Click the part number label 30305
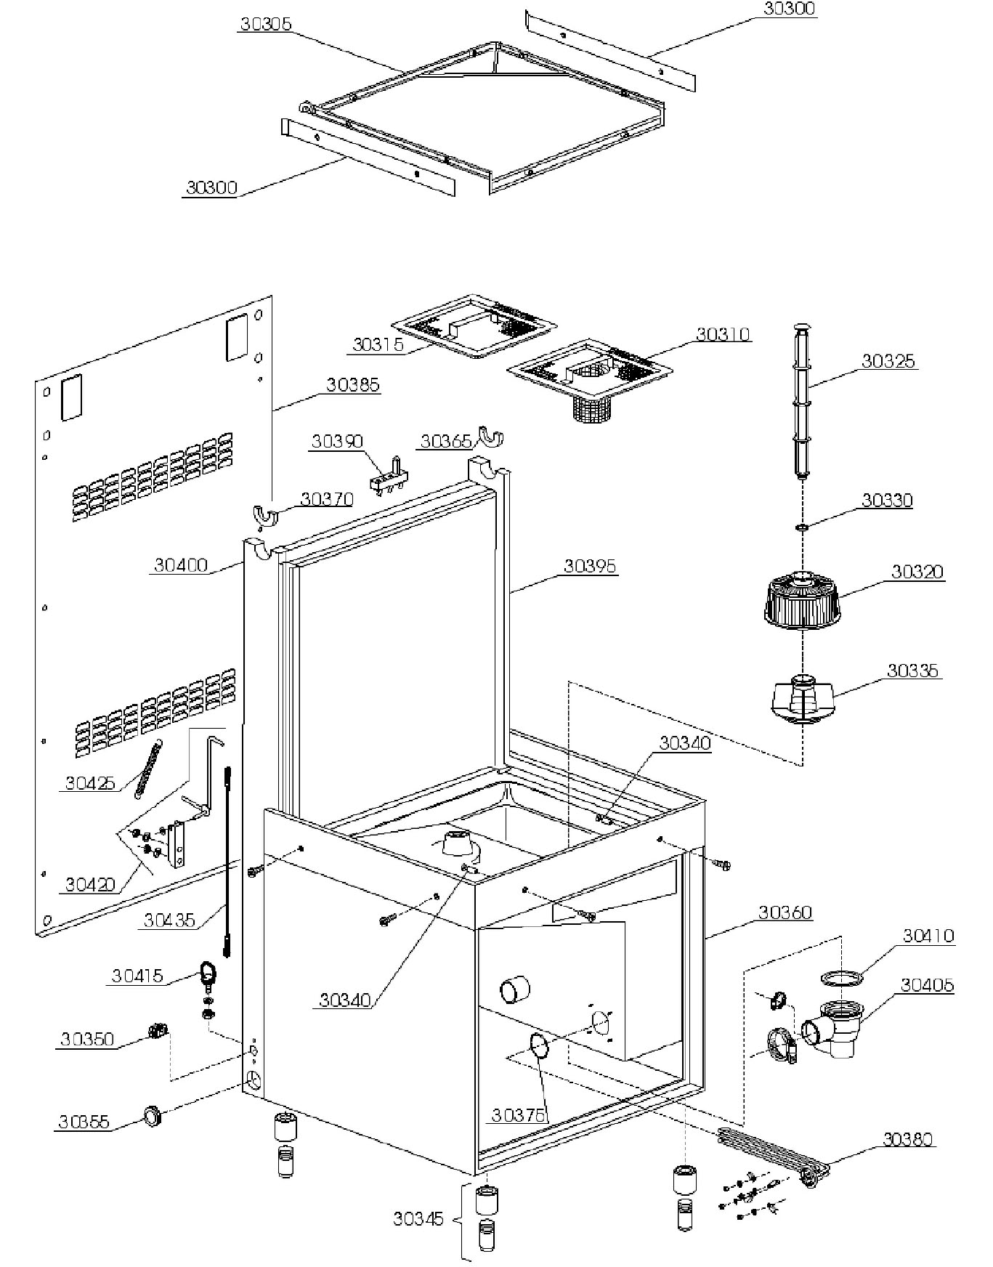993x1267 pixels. (x=265, y=24)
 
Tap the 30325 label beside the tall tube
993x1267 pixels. (x=888, y=361)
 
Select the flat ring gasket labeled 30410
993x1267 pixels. (x=842, y=978)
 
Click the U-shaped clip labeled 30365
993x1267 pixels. (x=490, y=438)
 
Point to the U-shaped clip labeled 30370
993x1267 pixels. (x=267, y=514)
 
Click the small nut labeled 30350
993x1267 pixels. (x=158, y=1030)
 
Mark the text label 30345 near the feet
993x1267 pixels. (x=418, y=1218)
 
